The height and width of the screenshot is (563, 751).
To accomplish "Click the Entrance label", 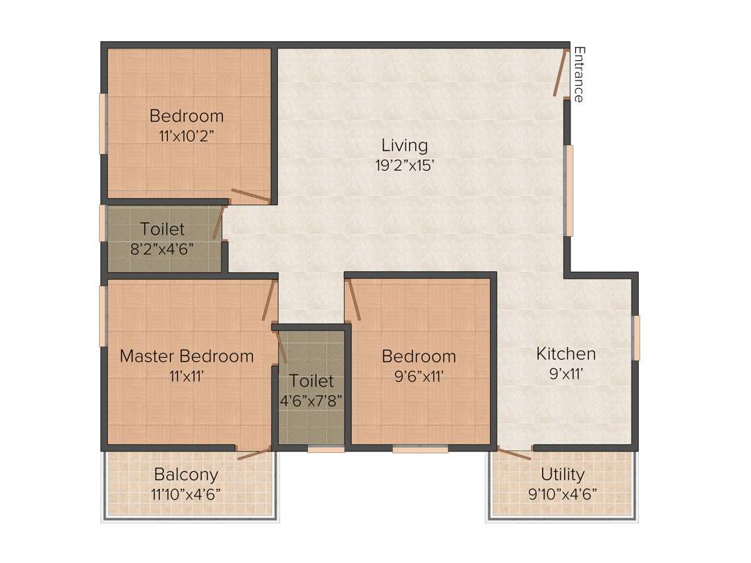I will [579, 74].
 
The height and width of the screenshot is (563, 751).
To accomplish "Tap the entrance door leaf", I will [561, 73].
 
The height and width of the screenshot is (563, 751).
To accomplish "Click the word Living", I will [405, 145].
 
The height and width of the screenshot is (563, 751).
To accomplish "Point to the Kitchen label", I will [566, 354].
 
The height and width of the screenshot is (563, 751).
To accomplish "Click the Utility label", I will [563, 474].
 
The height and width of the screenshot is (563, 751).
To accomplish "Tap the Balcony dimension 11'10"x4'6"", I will [187, 493].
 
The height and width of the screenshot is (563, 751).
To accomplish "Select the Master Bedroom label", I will [186, 356].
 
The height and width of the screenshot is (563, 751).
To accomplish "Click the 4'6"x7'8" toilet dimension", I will [311, 400].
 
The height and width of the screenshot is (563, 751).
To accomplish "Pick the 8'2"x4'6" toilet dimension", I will [162, 249].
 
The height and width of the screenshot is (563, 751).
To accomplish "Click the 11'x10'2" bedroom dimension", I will [186, 136].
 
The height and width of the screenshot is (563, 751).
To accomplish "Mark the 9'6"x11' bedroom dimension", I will [419, 376].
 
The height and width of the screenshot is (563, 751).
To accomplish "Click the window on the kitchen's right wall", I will [636, 338].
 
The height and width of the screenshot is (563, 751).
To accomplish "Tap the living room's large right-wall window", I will [568, 191].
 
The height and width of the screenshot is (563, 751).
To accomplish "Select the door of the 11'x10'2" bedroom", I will [251, 195].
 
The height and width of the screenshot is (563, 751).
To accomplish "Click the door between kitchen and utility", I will [514, 453].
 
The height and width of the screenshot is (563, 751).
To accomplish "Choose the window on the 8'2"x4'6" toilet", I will [103, 223].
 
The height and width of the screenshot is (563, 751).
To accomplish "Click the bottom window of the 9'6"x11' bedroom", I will [420, 449].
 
